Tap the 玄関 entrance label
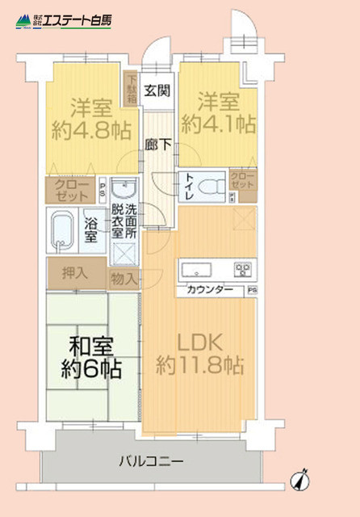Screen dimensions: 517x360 pyautogui.click(x=157, y=90)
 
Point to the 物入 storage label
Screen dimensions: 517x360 pyautogui.click(x=124, y=279)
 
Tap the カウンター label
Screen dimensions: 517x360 pyautogui.click(x=210, y=290)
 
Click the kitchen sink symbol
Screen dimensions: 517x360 pyautogui.click(x=197, y=269)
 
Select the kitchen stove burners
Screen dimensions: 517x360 pyautogui.click(x=243, y=269)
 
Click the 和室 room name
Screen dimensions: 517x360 pyautogui.click(x=88, y=347)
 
